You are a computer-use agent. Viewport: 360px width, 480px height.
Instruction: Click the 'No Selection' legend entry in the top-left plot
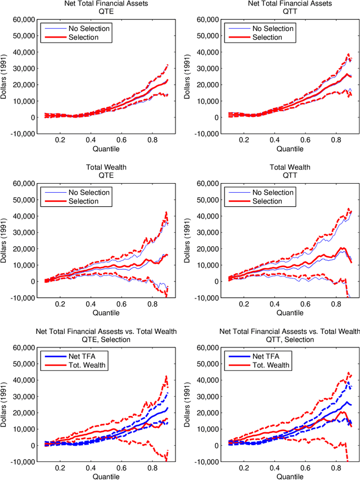pos(89,28)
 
